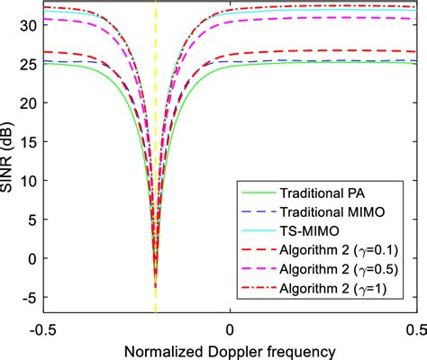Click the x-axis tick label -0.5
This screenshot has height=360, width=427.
tap(41, 327)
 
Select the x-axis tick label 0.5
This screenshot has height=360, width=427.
tap(412, 327)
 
